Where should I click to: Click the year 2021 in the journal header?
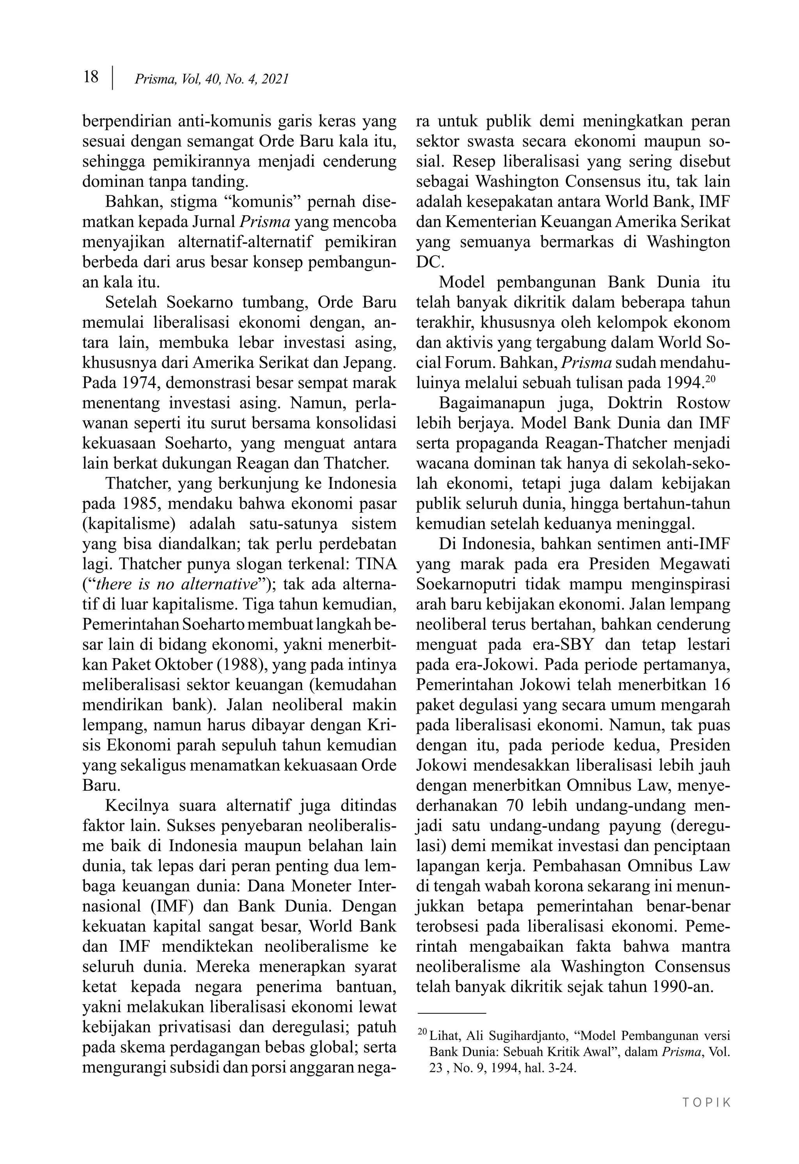(275, 79)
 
